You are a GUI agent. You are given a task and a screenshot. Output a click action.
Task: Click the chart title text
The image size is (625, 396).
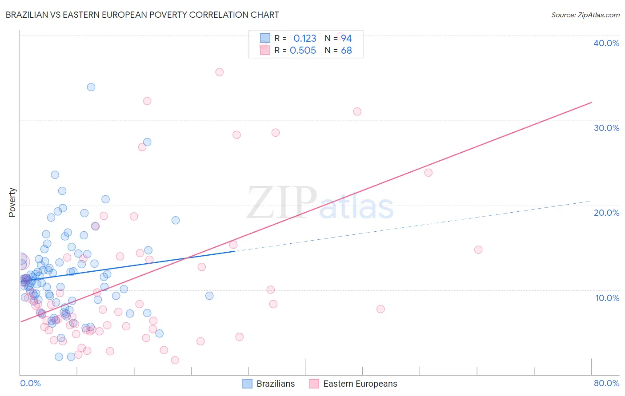142,15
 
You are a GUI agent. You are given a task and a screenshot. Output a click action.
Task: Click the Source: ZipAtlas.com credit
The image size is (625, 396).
585,15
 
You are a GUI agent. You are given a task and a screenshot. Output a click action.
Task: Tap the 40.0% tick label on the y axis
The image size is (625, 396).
606,43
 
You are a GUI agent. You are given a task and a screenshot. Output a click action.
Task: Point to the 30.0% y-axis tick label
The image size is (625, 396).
606,128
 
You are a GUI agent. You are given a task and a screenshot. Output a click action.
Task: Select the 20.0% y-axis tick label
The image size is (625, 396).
606,213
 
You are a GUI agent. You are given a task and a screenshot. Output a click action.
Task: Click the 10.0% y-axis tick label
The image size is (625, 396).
607,298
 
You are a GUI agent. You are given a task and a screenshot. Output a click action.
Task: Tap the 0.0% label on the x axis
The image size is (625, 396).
30,383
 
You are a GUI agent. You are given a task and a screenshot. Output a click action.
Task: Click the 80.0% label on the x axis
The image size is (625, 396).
606,383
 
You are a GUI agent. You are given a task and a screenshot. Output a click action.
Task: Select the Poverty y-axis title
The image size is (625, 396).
12,202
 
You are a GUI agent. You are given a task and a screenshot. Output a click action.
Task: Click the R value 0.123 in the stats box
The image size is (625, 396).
304,39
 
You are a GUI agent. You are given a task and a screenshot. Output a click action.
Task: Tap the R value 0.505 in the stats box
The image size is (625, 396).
303,51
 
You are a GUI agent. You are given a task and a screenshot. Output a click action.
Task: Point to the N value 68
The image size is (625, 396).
346,51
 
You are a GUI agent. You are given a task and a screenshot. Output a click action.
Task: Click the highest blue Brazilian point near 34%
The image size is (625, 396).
91,87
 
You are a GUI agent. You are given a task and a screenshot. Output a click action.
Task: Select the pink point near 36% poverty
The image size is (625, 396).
219,72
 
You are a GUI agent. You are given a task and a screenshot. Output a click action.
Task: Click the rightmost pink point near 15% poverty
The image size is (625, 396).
478,249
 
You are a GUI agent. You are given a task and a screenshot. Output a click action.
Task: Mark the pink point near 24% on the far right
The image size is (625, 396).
428,173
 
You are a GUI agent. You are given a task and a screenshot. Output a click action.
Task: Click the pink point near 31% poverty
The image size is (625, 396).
357,111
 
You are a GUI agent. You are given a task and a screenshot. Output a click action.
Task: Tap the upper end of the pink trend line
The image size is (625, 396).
591,103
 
